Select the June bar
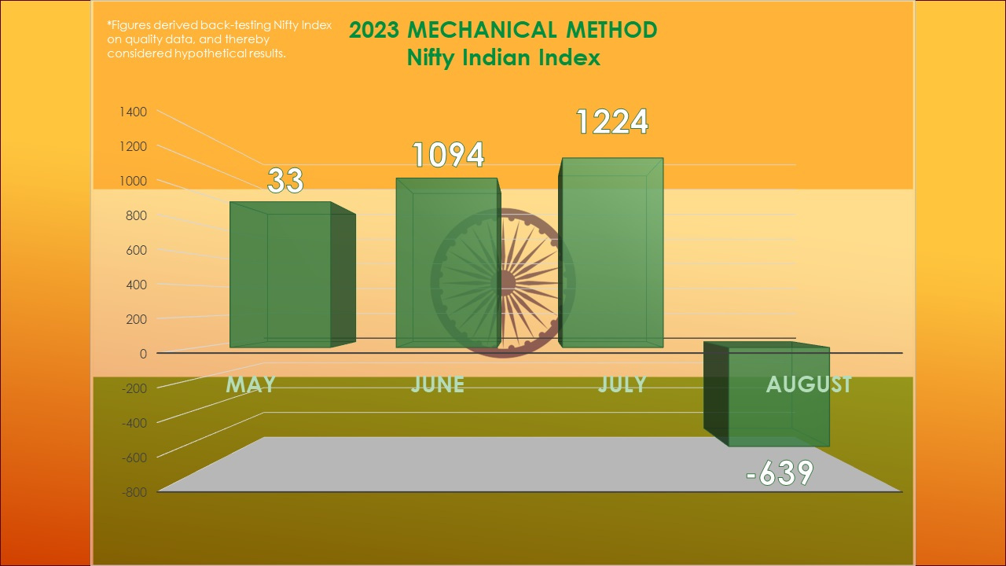coord(446,263)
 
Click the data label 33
coord(285,181)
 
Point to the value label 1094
coord(448,156)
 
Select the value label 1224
coord(611,122)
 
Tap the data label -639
coord(778,473)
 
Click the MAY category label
coord(251,384)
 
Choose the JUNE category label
coord(437,384)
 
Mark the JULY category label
coord(622,384)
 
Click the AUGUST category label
coord(809,384)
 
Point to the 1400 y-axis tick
coord(133,112)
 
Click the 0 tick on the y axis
coord(143,354)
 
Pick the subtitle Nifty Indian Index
coord(503,57)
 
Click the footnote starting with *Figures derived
coord(218,39)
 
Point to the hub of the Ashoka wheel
coord(504,282)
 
